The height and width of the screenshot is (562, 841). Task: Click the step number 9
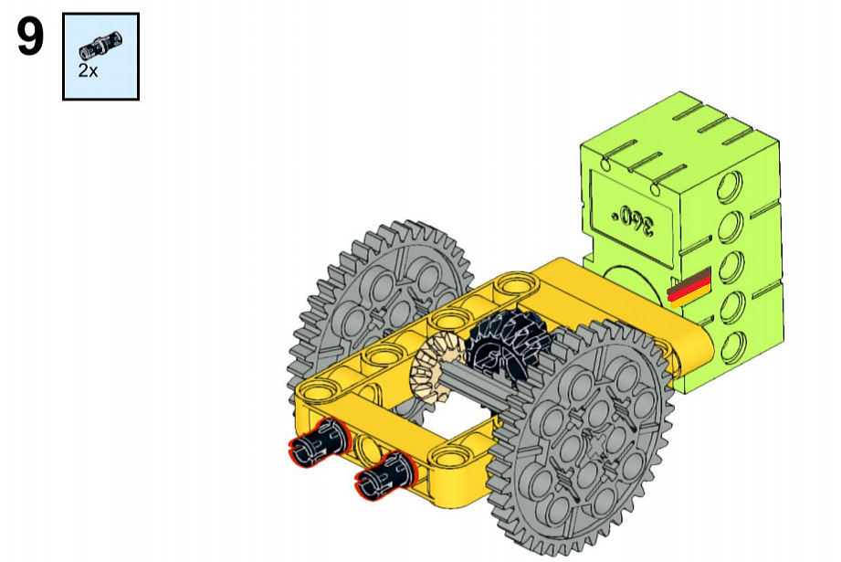tap(30, 36)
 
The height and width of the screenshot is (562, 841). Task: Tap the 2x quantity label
tap(88, 70)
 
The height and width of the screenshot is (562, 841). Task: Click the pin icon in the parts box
tap(100, 45)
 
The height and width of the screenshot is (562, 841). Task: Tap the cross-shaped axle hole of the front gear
tap(595, 447)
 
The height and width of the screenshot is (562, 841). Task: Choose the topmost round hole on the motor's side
tap(729, 186)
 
